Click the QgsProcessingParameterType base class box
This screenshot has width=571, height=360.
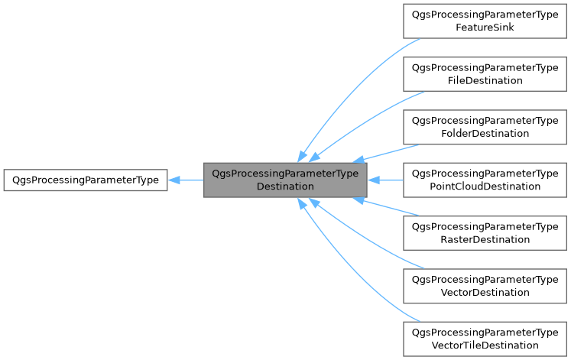coord(85,180)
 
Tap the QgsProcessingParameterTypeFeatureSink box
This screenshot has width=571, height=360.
coord(485,21)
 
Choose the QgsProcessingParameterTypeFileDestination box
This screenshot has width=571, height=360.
coord(485,73)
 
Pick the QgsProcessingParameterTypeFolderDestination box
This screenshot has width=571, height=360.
coord(485,127)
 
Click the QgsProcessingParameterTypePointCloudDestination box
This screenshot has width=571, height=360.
coord(485,180)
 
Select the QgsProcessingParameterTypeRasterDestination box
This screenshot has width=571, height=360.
coord(485,232)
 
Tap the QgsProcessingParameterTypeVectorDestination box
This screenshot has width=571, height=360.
coord(485,286)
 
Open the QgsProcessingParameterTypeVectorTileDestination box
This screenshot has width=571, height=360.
coord(485,339)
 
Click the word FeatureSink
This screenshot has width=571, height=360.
coord(485,28)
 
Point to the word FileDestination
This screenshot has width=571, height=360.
coord(485,80)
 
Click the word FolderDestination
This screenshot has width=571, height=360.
coord(485,134)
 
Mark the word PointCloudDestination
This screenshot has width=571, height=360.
coord(485,186)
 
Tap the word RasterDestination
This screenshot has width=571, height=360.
coord(485,239)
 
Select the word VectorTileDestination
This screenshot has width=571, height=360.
coord(485,345)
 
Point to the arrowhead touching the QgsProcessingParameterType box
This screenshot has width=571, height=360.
coord(174,180)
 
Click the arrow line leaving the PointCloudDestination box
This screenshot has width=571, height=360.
coord(390,180)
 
